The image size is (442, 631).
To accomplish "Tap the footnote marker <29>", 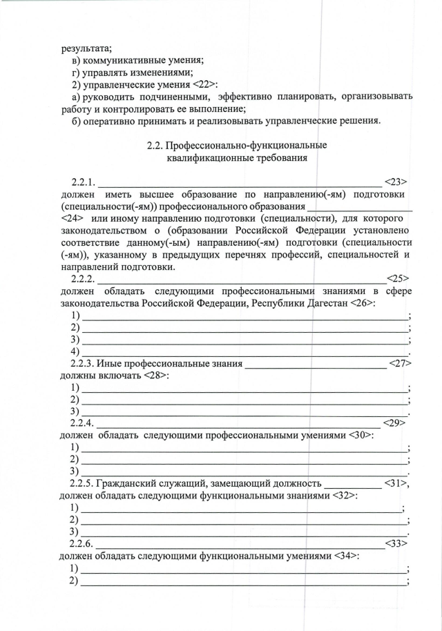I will [394, 423].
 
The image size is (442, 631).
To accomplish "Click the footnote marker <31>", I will [396, 483].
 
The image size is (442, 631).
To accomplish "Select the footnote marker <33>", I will [396, 543].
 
